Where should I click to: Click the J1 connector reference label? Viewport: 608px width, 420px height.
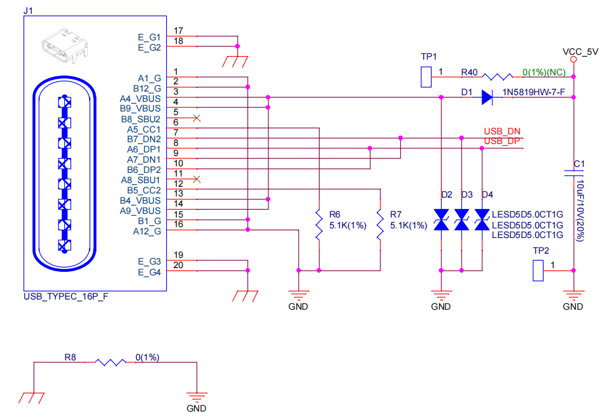pos(28,10)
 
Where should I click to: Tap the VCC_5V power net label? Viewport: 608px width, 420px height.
pos(580,52)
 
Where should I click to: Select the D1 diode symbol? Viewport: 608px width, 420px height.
pos(487,97)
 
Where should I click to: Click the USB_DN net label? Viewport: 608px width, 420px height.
pos(502,131)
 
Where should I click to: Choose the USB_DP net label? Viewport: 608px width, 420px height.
pos(502,141)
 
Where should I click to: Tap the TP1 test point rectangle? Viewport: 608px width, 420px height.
pos(427,77)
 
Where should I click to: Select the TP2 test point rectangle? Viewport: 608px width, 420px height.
pos(538,271)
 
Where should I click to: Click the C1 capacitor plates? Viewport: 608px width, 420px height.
pos(574,174)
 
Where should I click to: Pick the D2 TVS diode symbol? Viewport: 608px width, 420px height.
pos(442,219)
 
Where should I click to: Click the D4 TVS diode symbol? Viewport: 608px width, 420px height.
pos(482,219)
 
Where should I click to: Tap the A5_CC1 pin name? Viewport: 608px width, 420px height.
pos(144,129)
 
